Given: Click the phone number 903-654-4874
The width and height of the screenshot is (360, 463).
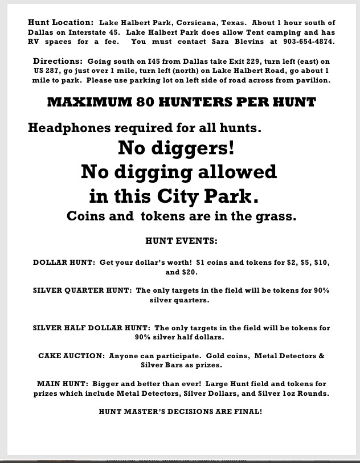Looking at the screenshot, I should tap(308, 42).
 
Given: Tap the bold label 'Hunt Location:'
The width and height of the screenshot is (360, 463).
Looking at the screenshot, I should tap(60, 22).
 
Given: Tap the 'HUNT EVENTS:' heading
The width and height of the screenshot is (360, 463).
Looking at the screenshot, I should tap(181, 241).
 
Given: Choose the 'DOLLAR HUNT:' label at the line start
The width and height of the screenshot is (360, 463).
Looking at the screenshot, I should tap(64, 263).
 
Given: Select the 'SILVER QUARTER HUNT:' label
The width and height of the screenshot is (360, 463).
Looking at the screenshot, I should tap(82, 290).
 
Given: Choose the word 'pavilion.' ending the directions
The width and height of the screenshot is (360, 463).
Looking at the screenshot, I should tap(311, 80).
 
